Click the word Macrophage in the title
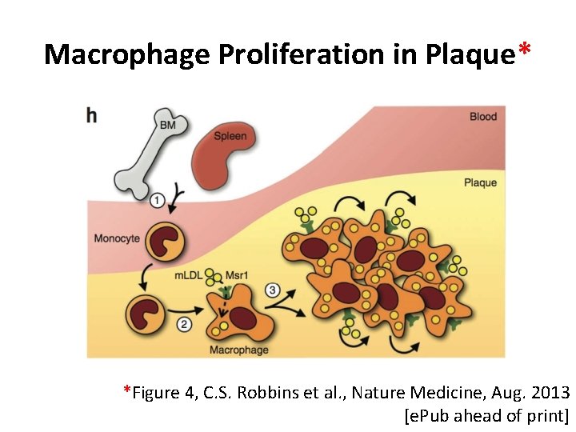(115, 54)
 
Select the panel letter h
(92, 116)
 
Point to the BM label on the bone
(168, 126)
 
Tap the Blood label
(482, 117)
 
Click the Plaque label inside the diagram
(480, 183)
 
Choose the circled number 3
(273, 290)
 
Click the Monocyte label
(117, 238)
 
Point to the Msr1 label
(238, 275)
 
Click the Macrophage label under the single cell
(238, 350)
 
